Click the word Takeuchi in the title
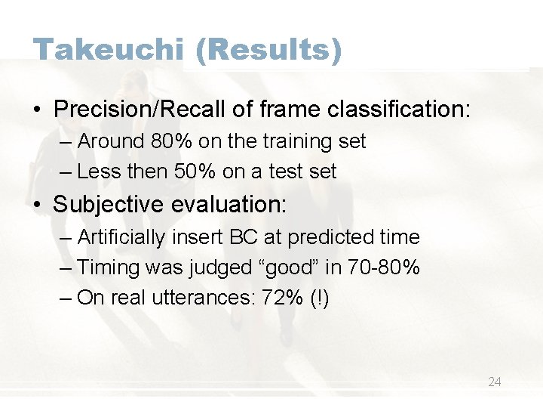pos(108,50)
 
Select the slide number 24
pos(494,382)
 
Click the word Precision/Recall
pos(140,110)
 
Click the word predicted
pos(330,237)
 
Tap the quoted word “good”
pos(304,267)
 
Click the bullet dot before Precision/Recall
pos(38,110)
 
